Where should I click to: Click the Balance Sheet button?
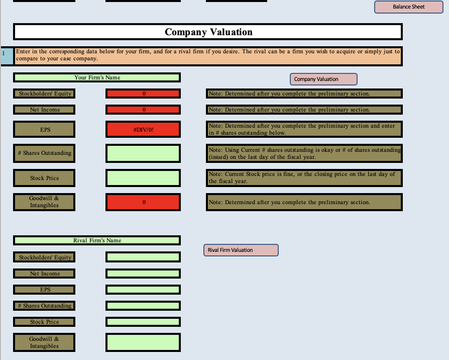(x=408, y=7)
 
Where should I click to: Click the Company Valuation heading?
(x=208, y=32)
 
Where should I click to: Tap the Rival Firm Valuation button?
(x=241, y=250)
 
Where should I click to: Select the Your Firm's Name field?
(x=97, y=77)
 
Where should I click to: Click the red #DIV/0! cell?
(x=143, y=129)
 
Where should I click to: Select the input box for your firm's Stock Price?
(x=143, y=178)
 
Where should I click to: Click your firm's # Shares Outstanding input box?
(x=143, y=153)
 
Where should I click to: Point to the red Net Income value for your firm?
(x=143, y=110)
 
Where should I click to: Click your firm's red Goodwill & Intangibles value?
(x=143, y=202)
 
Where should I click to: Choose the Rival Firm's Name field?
(x=97, y=240)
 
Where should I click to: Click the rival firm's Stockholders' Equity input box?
(x=143, y=257)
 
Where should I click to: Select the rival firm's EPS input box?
(x=143, y=290)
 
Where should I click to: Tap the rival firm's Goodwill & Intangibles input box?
(x=143, y=342)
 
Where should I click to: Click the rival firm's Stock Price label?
(x=45, y=322)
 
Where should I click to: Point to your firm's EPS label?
(x=45, y=129)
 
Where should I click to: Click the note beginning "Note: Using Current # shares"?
(x=304, y=153)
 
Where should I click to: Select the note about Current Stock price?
(x=304, y=177)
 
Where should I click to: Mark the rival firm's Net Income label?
(x=45, y=274)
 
